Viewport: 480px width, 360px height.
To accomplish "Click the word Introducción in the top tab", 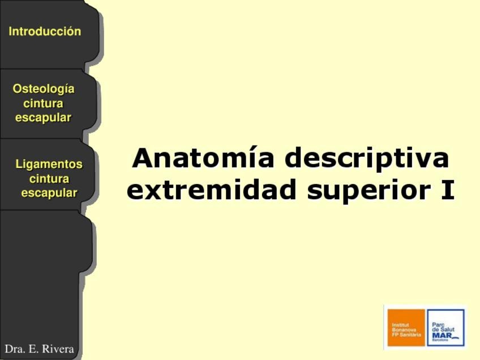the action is (x=45, y=31).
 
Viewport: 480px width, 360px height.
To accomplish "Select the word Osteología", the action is (x=44, y=89).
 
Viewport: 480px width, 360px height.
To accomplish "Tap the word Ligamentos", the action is (x=49, y=164).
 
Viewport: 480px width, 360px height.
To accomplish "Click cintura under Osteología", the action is (x=43, y=103).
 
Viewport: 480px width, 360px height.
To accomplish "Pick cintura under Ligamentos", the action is (x=49, y=178).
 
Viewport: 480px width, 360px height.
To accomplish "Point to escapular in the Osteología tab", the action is (x=43, y=118).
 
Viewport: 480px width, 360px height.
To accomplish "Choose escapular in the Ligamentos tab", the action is (x=49, y=193).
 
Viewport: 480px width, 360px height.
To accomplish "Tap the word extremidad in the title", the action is (x=212, y=189).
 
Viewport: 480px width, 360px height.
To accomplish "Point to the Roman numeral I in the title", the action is (x=448, y=190).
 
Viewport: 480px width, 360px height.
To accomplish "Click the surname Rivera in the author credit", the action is (x=58, y=349).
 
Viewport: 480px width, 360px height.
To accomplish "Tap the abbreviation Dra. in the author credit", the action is (x=15, y=349).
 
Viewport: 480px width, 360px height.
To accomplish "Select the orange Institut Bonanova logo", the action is (x=406, y=328).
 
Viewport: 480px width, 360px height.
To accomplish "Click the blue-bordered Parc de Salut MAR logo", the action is (x=445, y=328).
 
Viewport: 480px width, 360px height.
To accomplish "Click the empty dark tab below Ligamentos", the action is (x=46, y=242).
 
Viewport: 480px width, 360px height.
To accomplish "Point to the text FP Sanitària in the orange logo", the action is (x=406, y=335).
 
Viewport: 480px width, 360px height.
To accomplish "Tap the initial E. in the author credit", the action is (x=33, y=349).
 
